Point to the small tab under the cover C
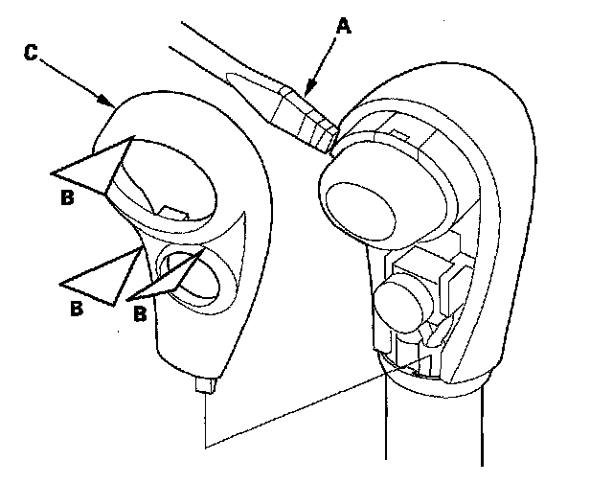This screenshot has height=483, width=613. (201, 386)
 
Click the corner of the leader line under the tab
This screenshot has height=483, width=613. (206, 447)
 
